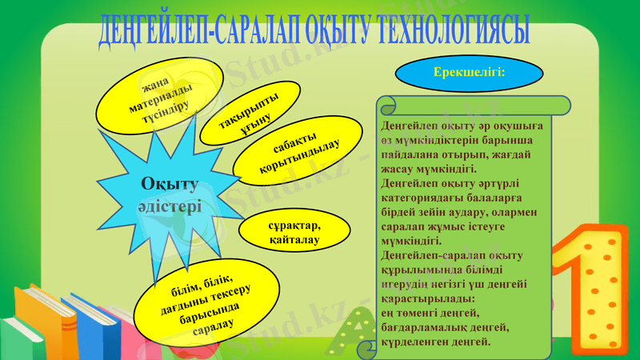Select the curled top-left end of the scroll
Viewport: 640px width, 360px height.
[x=386, y=106]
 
